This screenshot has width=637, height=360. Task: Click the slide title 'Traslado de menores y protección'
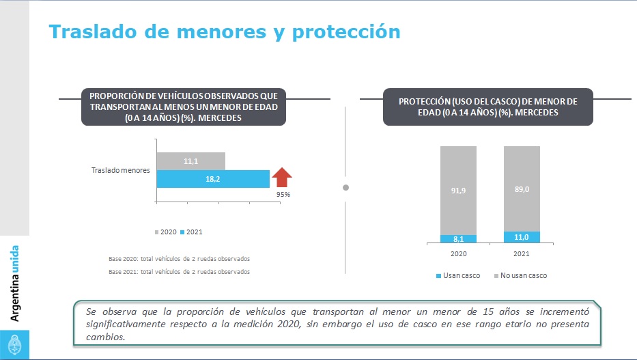coord(225,32)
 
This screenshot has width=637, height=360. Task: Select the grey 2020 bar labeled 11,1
coord(190,161)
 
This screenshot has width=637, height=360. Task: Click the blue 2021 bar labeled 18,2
coord(212,179)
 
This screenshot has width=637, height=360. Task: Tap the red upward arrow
coord(282,178)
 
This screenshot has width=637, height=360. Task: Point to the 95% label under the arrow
coord(283,194)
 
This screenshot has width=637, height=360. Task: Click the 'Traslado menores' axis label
coord(120,169)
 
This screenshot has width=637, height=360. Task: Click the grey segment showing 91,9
coord(458,189)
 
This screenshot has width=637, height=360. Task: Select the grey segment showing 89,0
coord(522,188)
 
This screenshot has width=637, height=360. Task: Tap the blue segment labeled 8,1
coord(458,238)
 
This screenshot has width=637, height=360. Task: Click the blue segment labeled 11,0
coord(522,237)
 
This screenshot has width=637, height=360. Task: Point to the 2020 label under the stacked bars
coord(458,253)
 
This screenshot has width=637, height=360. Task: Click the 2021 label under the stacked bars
coord(522,253)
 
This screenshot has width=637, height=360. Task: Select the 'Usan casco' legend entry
coord(458,276)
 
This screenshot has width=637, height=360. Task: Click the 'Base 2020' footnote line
coord(179,259)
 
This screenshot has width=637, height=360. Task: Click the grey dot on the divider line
coord(345,187)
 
